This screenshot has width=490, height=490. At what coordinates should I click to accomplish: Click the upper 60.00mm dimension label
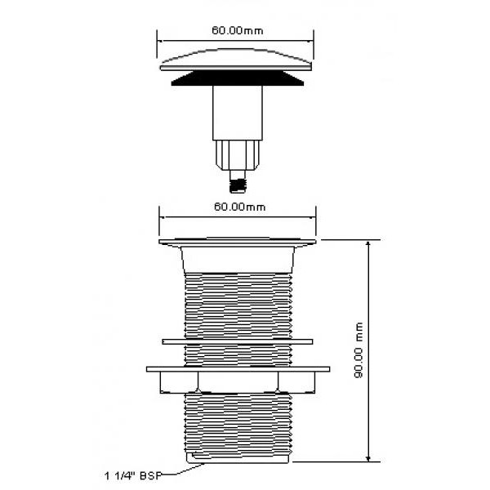pyautogui.click(x=238, y=31)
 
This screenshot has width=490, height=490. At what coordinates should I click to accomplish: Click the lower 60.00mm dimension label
pyautogui.click(x=239, y=207)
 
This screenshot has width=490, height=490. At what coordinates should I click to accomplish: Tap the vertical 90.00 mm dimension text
pyautogui.click(x=359, y=350)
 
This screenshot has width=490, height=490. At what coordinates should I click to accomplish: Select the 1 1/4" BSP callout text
pyautogui.click(x=133, y=476)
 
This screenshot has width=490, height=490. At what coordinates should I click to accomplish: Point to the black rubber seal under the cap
pyautogui.click(x=238, y=78)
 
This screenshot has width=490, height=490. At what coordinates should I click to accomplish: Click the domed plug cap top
pyautogui.click(x=236, y=60)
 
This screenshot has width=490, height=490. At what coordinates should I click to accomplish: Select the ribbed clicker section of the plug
pyautogui.click(x=238, y=155)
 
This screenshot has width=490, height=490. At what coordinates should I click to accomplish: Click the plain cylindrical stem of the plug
pyautogui.click(x=238, y=113)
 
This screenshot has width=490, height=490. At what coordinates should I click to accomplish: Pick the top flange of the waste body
pyautogui.click(x=238, y=243)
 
